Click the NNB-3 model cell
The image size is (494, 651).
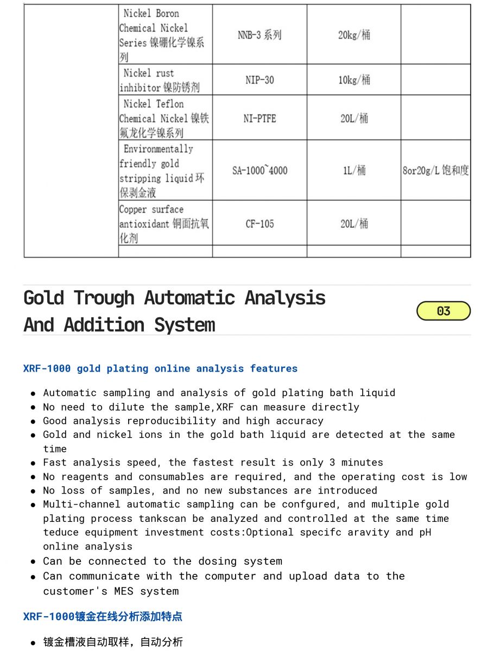(x=259, y=35)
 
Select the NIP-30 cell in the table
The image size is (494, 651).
(x=259, y=80)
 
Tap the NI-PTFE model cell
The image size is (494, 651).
(x=259, y=118)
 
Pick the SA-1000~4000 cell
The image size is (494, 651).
(x=259, y=170)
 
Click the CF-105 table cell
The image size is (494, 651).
(x=259, y=224)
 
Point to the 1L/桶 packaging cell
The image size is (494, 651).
(x=354, y=170)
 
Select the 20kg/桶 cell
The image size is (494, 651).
(x=354, y=35)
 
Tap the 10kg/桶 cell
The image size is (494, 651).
(x=354, y=80)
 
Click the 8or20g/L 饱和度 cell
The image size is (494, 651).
(x=435, y=170)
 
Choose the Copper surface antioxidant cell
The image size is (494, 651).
(x=164, y=224)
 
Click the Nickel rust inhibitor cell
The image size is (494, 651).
(x=164, y=80)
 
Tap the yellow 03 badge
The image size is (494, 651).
(x=443, y=311)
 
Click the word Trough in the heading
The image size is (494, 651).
(x=104, y=298)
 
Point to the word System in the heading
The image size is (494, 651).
(x=185, y=325)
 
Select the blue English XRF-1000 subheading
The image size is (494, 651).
(x=160, y=368)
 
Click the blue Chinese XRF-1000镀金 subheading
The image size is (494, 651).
(x=103, y=616)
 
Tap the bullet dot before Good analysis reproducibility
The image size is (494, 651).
(x=34, y=422)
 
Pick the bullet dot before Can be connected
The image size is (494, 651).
(x=34, y=562)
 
